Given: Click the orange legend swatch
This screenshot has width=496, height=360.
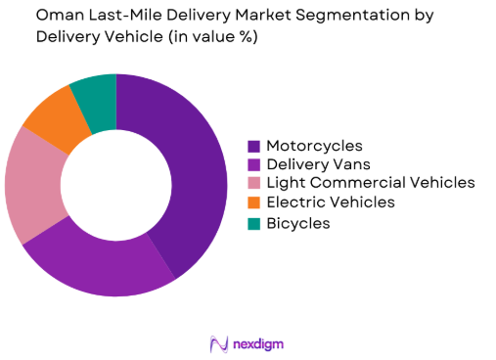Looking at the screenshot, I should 255,202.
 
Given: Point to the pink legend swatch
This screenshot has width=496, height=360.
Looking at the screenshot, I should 255,184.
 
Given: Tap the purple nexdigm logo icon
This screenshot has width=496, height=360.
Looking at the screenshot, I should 219,343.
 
